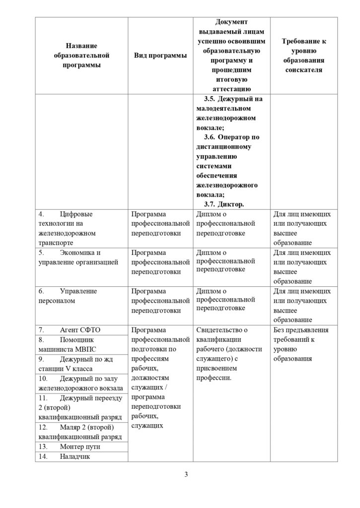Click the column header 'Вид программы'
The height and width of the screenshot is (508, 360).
click(x=160, y=56)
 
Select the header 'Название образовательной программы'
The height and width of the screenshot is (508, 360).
click(x=81, y=56)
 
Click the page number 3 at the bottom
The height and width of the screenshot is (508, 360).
click(x=186, y=475)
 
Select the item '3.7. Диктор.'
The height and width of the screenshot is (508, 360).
click(x=224, y=204)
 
